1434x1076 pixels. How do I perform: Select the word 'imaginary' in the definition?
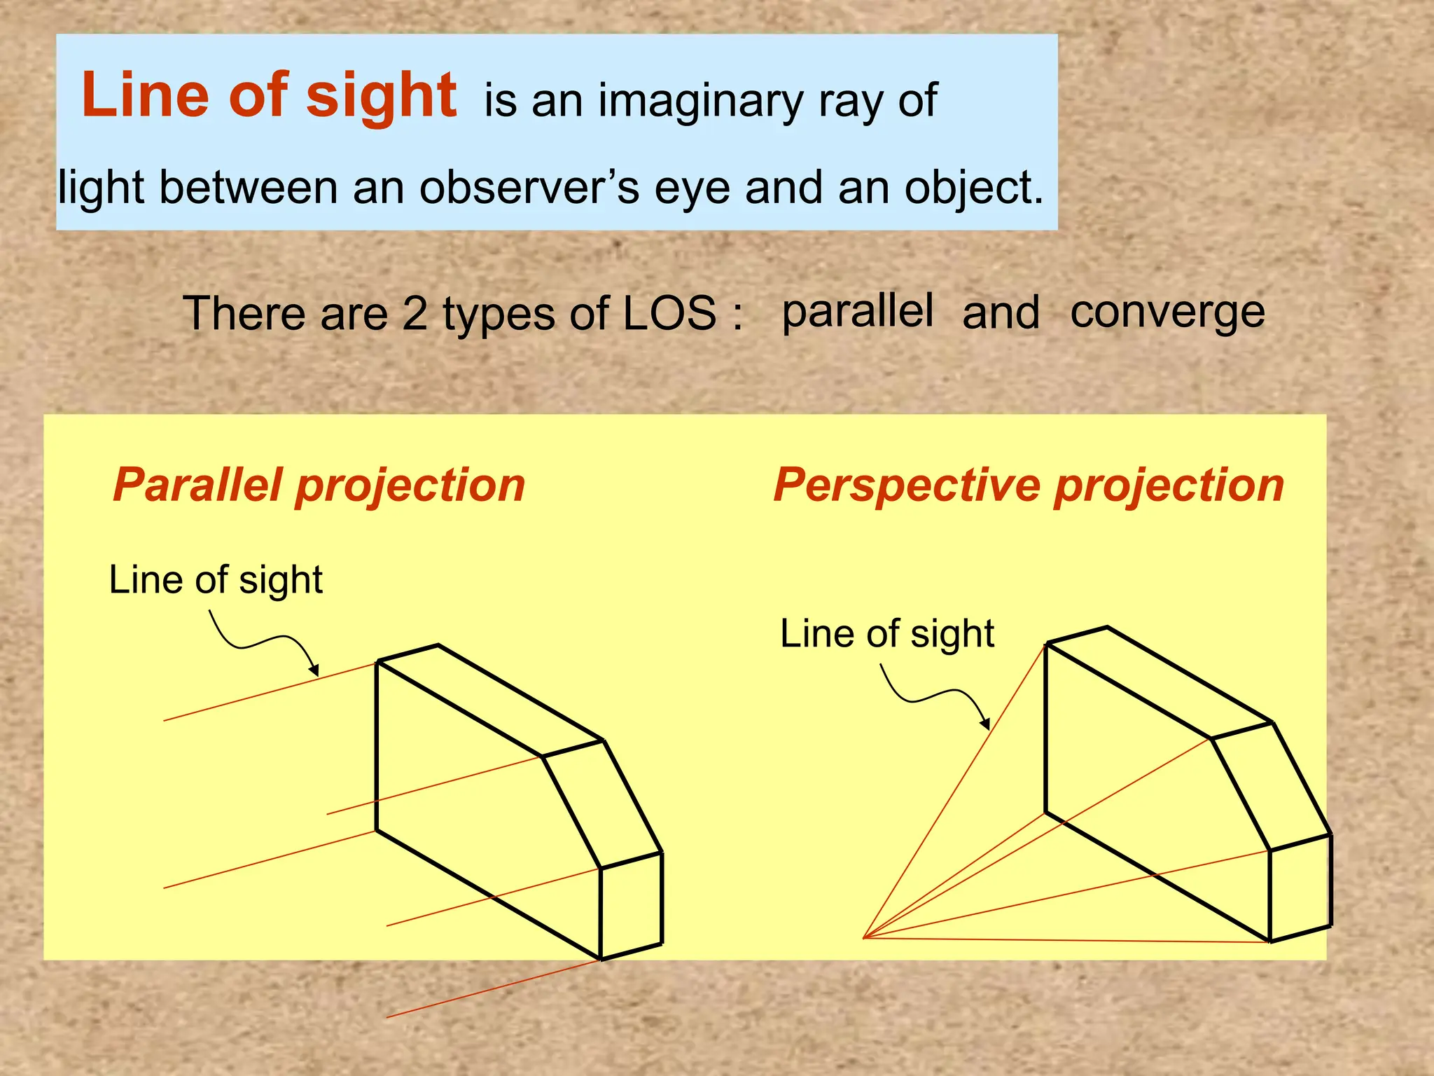pyautogui.click(x=700, y=102)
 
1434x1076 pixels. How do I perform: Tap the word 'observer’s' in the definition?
pyautogui.click(x=529, y=188)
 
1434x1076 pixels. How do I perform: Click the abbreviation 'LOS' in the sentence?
pyautogui.click(x=669, y=313)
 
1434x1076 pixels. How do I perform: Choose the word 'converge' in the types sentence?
pyautogui.click(x=1167, y=312)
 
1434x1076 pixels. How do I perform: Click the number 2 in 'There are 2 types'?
pyautogui.click(x=415, y=313)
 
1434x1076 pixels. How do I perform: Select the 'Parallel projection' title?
pyautogui.click(x=319, y=485)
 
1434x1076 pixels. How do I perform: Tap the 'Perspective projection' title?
pyautogui.click(x=1029, y=485)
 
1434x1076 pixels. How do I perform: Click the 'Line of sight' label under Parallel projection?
pyautogui.click(x=216, y=580)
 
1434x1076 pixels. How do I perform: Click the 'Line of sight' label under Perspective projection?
pyautogui.click(x=887, y=634)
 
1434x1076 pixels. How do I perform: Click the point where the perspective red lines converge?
pyautogui.click(x=864, y=937)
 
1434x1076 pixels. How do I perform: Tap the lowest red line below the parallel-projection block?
pyautogui.click(x=490, y=988)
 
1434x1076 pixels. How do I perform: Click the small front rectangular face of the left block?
pyautogui.click(x=631, y=906)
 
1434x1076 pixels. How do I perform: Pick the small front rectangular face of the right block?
pyautogui.click(x=1300, y=888)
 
